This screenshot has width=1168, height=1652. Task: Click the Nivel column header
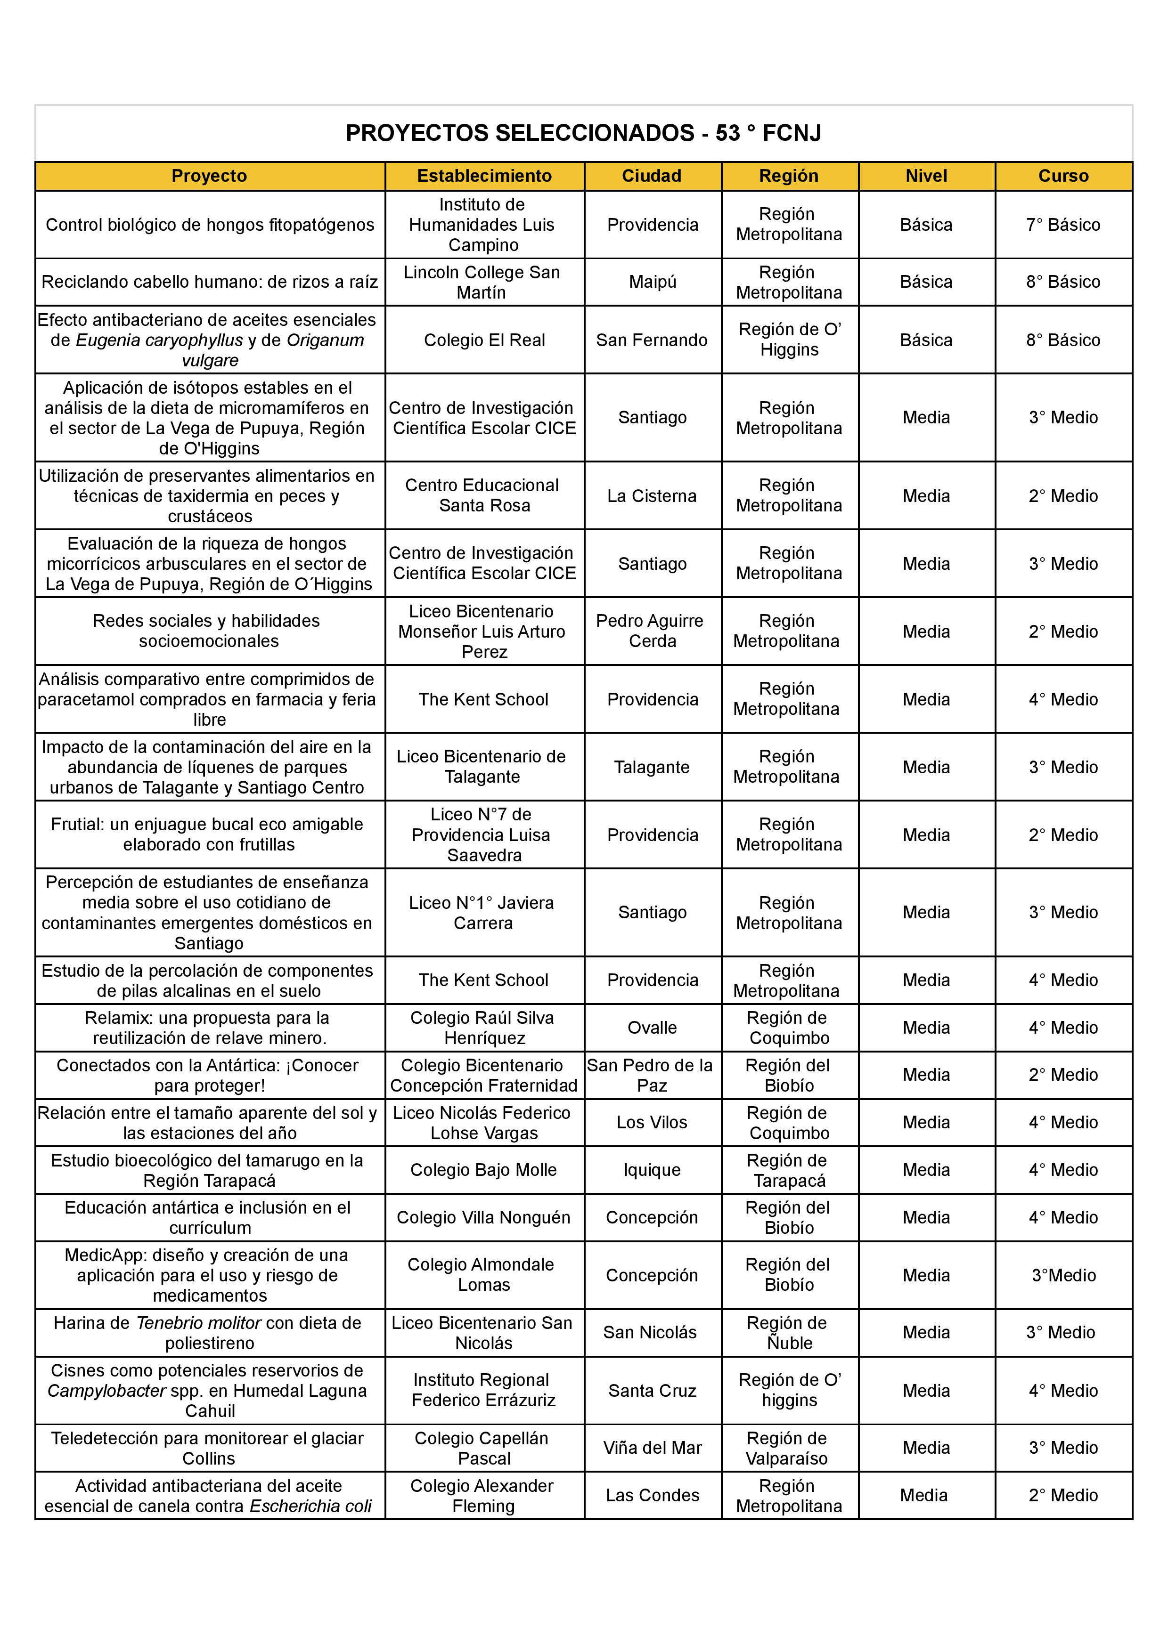tap(926, 176)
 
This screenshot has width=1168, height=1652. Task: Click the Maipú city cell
tap(652, 282)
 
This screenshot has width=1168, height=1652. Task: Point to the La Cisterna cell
tap(652, 496)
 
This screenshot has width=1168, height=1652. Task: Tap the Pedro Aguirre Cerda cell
tap(652, 631)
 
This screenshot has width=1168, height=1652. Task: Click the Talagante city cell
tap(652, 767)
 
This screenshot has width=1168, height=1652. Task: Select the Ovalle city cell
tap(652, 1028)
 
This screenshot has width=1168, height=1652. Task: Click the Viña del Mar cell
tap(652, 1448)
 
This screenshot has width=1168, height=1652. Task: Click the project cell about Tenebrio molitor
tap(209, 1333)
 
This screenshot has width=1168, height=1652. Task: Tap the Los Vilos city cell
tap(652, 1122)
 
